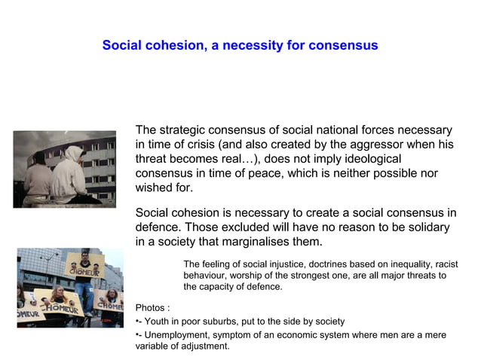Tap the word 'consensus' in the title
[x=341, y=46]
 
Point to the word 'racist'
[x=444, y=264]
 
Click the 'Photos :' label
[x=152, y=308]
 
